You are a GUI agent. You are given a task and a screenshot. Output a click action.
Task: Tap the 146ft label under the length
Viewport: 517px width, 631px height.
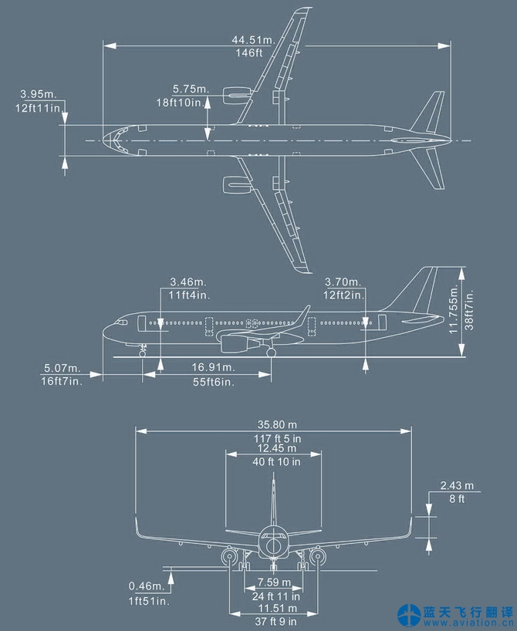click(x=249, y=53)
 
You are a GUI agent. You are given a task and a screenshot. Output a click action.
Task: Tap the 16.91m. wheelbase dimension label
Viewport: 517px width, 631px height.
click(x=214, y=367)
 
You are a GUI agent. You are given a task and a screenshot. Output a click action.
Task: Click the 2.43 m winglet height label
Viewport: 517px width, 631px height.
click(x=456, y=486)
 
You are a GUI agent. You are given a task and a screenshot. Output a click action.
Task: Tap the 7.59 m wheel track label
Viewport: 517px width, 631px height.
click(x=274, y=582)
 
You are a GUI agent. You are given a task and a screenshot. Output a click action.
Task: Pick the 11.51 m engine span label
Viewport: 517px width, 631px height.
click(x=274, y=609)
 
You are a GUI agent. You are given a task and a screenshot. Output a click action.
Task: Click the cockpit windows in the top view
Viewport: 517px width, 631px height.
click(x=115, y=140)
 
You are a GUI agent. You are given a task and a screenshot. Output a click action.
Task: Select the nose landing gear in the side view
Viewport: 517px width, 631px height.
click(x=143, y=349)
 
